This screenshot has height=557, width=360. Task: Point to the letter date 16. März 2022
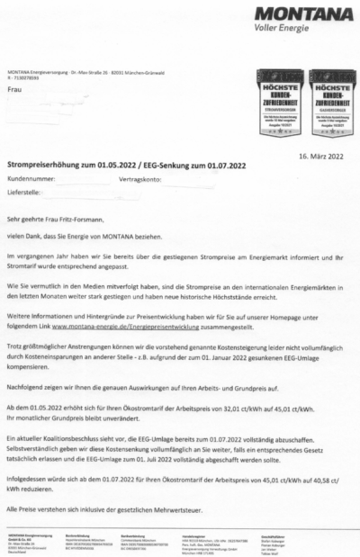pyautogui.click(x=321, y=156)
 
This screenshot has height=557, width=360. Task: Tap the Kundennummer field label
pyautogui.click(x=31, y=180)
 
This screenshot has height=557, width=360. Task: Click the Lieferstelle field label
pyautogui.click(x=26, y=192)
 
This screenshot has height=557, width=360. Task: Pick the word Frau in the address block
pyautogui.click(x=14, y=90)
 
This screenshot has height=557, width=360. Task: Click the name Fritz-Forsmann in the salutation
pyautogui.click(x=85, y=218)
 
